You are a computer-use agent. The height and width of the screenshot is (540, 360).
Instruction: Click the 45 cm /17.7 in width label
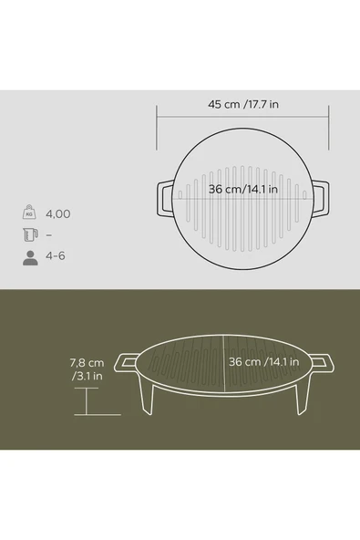243,104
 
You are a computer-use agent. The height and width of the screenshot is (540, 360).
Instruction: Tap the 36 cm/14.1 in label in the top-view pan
243,189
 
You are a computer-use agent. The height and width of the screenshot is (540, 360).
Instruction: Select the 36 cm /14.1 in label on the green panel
264,362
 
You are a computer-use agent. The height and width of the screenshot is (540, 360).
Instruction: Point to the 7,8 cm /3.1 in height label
87,369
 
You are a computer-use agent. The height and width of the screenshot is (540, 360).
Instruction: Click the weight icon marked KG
29,213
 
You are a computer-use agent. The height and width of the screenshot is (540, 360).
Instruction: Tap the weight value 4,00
58,213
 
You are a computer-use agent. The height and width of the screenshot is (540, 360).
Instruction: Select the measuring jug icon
30,234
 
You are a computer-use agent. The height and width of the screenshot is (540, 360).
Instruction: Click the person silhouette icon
30,258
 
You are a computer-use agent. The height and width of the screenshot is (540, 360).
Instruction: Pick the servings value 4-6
56,256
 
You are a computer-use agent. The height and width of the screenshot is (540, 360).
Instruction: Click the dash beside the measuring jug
49,235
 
